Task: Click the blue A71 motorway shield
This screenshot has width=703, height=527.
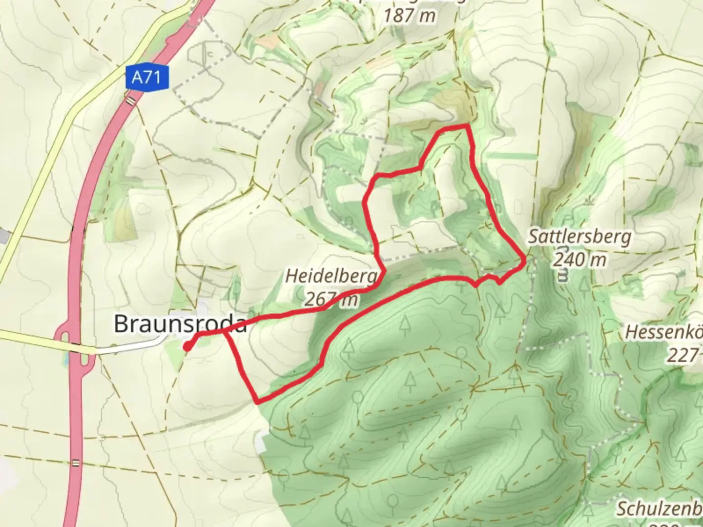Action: [146, 78]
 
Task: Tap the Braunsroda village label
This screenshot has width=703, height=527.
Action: [180, 324]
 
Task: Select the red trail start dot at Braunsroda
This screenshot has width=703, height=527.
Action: [187, 346]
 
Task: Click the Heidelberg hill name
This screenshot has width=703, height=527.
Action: [331, 276]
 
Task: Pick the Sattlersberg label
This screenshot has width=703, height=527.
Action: [579, 238]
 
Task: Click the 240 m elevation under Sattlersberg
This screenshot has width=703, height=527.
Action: [579, 260]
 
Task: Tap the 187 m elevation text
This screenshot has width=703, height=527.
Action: [409, 16]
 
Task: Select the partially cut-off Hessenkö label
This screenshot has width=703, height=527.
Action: [664, 333]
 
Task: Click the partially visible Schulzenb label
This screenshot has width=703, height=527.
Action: [659, 508]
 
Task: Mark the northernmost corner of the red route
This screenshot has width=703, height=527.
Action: [466, 126]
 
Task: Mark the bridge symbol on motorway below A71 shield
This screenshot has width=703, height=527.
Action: [131, 101]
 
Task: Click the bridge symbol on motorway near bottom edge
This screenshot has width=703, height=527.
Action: [75, 463]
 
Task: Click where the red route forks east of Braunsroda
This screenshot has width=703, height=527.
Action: [226, 332]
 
